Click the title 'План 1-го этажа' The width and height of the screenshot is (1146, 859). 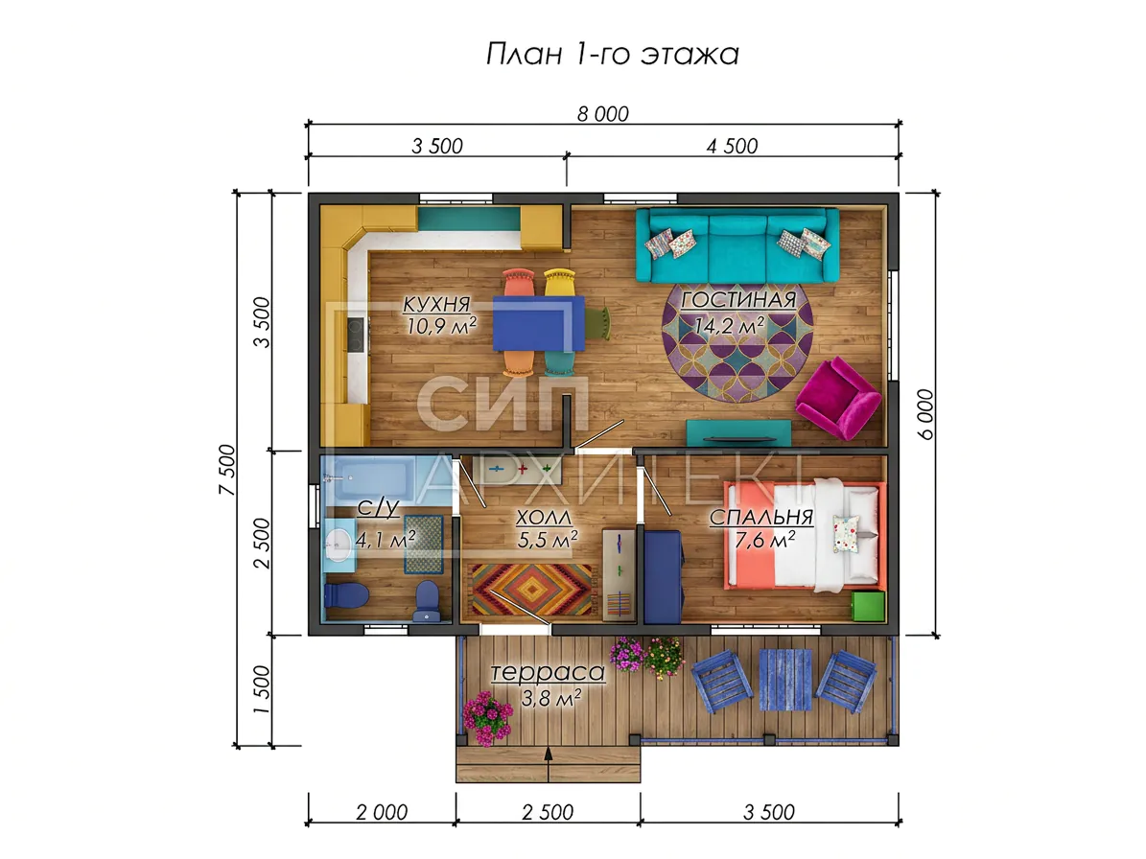click(x=613, y=54)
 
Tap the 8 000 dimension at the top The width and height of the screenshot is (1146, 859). click(x=603, y=114)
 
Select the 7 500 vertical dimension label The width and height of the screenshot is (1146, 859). click(x=227, y=470)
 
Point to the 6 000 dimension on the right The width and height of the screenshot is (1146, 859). click(x=924, y=414)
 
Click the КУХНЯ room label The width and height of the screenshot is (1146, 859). click(x=437, y=303)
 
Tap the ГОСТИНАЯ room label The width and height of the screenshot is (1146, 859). click(x=738, y=299)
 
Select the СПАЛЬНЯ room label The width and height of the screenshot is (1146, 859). click(x=761, y=517)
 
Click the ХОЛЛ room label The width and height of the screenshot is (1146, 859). click(x=544, y=518)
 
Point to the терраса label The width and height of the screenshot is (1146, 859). click(x=549, y=672)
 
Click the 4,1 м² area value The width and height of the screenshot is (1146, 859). click(x=386, y=540)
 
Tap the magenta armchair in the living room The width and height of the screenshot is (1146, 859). click(x=838, y=398)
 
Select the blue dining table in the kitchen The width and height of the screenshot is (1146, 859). click(x=539, y=323)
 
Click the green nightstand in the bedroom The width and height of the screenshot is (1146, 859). click(x=868, y=606)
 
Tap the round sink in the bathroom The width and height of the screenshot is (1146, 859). click(x=338, y=542)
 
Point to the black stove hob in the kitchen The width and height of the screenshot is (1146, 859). click(x=355, y=335)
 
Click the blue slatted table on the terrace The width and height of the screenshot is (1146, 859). click(x=785, y=680)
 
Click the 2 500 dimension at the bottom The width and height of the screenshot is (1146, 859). click(x=549, y=812)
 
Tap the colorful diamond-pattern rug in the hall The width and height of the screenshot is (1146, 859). click(x=531, y=590)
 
